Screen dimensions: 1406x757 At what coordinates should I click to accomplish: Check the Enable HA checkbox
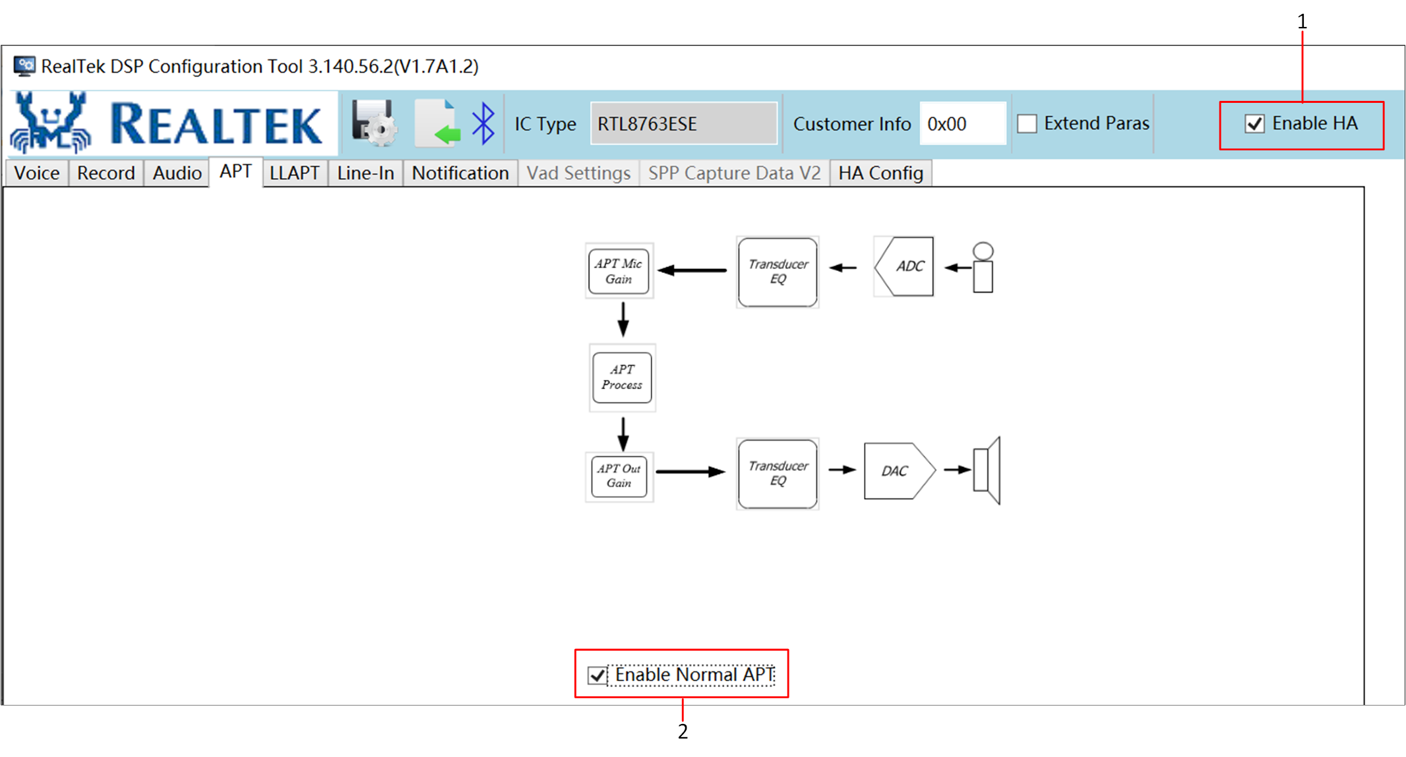[x=1254, y=124]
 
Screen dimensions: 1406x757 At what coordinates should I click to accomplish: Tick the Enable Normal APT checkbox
[x=597, y=675]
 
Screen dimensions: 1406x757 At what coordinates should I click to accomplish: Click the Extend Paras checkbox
[x=1027, y=124]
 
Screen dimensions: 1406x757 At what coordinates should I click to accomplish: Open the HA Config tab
[x=880, y=173]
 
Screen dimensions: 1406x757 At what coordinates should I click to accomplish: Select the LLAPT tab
[x=295, y=173]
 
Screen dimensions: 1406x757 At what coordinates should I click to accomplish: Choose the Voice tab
[x=37, y=173]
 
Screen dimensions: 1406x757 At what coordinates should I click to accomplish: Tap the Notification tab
[x=460, y=173]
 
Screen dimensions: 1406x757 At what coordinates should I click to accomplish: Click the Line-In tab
[x=365, y=173]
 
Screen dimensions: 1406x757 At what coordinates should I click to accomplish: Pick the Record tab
[x=106, y=173]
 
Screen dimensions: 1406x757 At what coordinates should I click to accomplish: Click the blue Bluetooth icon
[x=483, y=123]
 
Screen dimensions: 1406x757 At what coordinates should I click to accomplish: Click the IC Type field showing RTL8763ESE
[x=684, y=123]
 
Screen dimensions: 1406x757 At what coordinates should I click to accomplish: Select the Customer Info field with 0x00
[x=963, y=123]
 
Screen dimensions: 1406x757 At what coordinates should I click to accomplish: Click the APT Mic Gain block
[x=619, y=271]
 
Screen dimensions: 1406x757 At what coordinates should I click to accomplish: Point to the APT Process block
[x=622, y=377]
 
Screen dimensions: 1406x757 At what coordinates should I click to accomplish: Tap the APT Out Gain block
[x=619, y=476]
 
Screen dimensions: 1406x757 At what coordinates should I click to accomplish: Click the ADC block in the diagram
[x=904, y=266]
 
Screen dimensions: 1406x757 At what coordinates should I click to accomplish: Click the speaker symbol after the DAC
[x=987, y=470]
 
